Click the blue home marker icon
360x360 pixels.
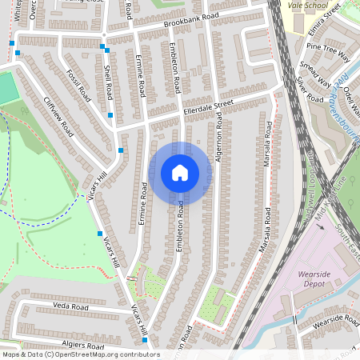(x=180, y=172)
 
